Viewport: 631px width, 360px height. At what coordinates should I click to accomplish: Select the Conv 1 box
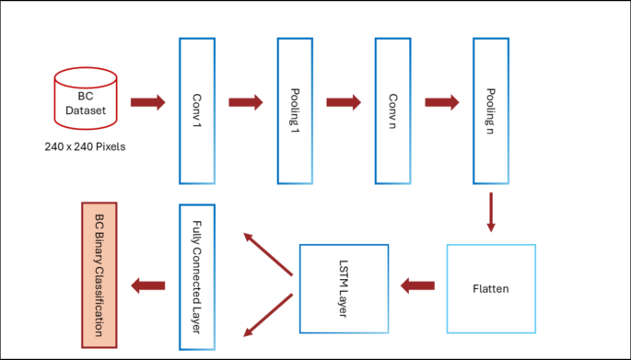pyautogui.click(x=197, y=110)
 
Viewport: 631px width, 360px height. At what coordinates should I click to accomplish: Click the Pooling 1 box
pyautogui.click(x=295, y=110)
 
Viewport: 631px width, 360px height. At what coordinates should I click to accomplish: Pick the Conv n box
pyautogui.click(x=393, y=110)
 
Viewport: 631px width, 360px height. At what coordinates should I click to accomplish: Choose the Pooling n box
pyautogui.click(x=490, y=110)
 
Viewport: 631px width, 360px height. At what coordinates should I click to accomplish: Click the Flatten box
pyautogui.click(x=490, y=288)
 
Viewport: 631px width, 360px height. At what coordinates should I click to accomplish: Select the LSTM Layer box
pyautogui.click(x=344, y=288)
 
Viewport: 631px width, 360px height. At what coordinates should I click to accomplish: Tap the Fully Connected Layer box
pyautogui.click(x=197, y=276)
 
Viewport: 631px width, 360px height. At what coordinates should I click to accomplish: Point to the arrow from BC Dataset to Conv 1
pyautogui.click(x=147, y=101)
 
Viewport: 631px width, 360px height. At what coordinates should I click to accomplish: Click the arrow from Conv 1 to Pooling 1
pyautogui.click(x=246, y=101)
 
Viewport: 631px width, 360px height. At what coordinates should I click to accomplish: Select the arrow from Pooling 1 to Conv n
pyautogui.click(x=344, y=101)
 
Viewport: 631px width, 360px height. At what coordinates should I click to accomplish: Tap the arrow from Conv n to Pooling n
pyautogui.click(x=441, y=101)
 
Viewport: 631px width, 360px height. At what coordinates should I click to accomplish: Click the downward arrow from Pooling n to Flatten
pyautogui.click(x=490, y=211)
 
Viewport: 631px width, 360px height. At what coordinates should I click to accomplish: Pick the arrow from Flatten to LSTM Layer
pyautogui.click(x=417, y=286)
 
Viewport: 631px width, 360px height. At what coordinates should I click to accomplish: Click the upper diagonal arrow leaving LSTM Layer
pyautogui.click(x=268, y=253)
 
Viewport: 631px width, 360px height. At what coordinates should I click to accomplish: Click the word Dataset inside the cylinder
pyautogui.click(x=86, y=110)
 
